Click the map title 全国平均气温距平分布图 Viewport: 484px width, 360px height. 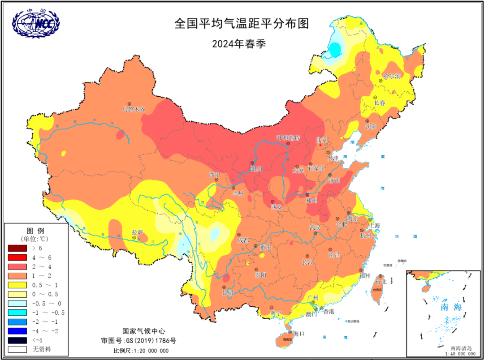pyautogui.click(x=242, y=24)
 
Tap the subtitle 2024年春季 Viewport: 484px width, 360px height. pyautogui.click(x=242, y=43)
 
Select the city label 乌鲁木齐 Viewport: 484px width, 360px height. pyautogui.click(x=134, y=109)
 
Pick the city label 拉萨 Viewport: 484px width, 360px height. pyautogui.click(x=137, y=232)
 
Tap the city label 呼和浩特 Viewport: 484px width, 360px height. pyautogui.click(x=288, y=137)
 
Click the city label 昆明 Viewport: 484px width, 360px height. pyautogui.click(x=227, y=292)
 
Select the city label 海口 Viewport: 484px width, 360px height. pyautogui.click(x=299, y=334)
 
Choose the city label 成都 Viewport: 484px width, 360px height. pyautogui.click(x=243, y=240)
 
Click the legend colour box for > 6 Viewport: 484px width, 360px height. pyautogui.click(x=17, y=248)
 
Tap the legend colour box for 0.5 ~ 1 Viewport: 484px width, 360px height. pyautogui.click(x=17, y=285)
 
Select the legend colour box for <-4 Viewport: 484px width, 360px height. pyautogui.click(x=17, y=340)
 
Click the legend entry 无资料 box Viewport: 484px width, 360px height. pyautogui.click(x=17, y=349)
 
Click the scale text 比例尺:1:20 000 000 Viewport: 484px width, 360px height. pyautogui.click(x=141, y=351)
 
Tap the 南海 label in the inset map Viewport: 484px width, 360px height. pyautogui.click(x=450, y=307)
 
